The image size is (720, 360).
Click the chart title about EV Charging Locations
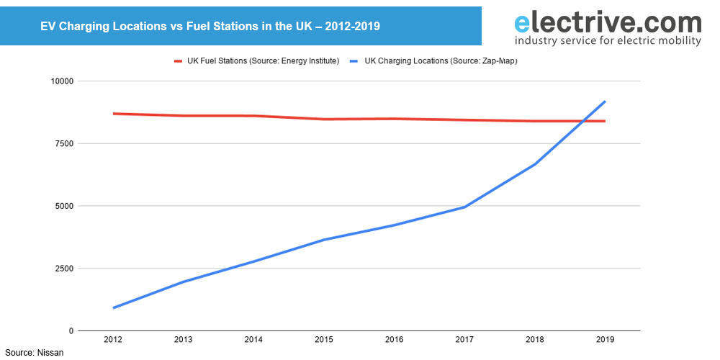click(x=210, y=26)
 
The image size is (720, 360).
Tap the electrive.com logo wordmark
click(x=607, y=22)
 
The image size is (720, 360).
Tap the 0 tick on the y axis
click(x=71, y=331)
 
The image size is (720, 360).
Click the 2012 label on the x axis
click(x=113, y=339)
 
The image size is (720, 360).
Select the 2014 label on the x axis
click(x=254, y=339)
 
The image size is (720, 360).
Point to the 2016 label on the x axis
click(x=395, y=339)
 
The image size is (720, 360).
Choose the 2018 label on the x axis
click(x=535, y=339)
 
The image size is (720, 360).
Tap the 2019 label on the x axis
click(x=605, y=339)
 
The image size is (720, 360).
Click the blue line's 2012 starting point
click(x=113, y=308)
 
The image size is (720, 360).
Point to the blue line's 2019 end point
click(x=605, y=102)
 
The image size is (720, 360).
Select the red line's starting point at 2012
click(x=113, y=114)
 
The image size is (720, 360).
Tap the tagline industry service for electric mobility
click(x=607, y=41)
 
